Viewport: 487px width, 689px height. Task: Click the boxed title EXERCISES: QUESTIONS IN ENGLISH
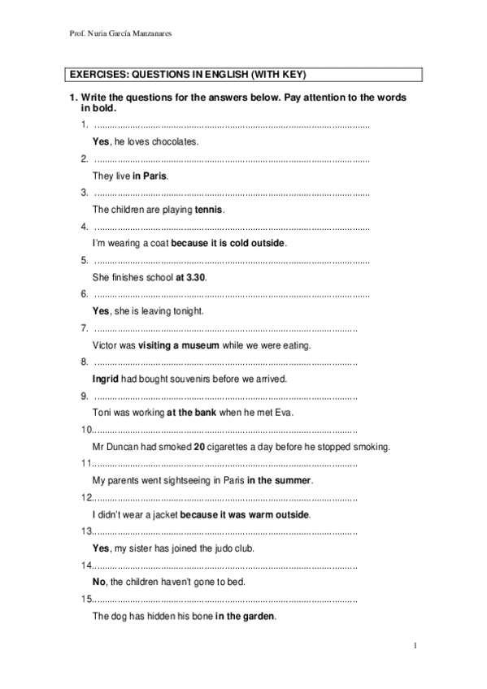click(186, 74)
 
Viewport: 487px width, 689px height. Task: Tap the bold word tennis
click(208, 209)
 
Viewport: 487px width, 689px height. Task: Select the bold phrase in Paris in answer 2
click(150, 175)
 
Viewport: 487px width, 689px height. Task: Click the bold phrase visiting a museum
click(179, 345)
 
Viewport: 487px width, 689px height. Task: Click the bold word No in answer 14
click(100, 583)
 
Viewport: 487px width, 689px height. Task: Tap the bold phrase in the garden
click(246, 616)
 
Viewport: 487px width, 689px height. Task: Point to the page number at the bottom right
click(415, 646)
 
